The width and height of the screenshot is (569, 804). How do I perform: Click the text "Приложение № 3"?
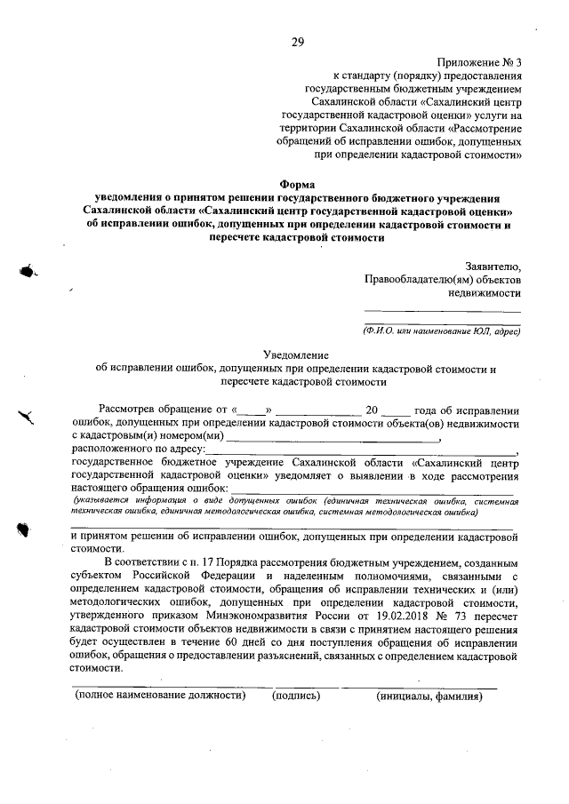point(479,62)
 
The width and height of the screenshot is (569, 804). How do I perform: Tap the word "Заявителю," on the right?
point(493,265)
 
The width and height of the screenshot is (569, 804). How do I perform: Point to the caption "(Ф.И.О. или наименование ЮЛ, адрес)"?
point(441,330)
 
